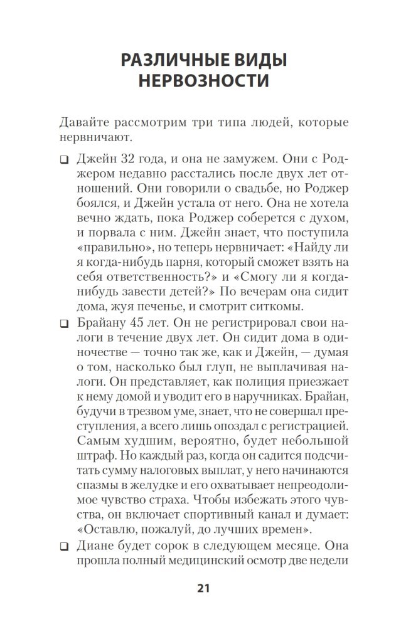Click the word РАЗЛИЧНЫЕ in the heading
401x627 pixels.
tap(166, 61)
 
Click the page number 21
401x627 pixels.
tap(203, 588)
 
